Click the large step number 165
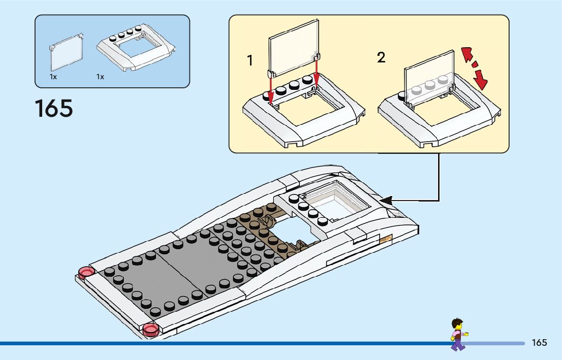click(54, 109)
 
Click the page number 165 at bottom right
click(539, 343)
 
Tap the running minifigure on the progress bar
click(458, 334)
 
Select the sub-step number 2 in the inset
click(381, 58)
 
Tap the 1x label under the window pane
click(53, 77)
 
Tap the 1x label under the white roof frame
click(100, 77)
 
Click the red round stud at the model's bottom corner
click(151, 330)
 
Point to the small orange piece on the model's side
click(386, 238)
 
